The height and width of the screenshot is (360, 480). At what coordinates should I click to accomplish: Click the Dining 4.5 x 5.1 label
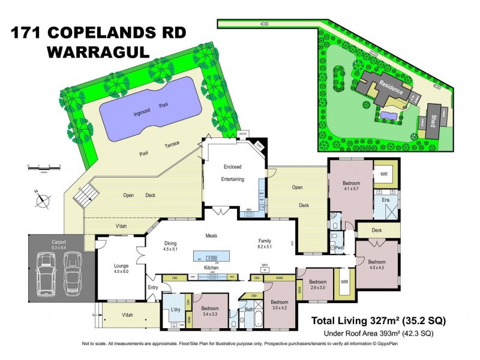pos(175,246)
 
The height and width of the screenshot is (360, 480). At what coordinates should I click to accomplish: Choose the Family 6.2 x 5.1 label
pos(265,243)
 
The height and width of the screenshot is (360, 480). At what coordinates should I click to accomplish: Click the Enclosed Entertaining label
pos(232,172)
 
